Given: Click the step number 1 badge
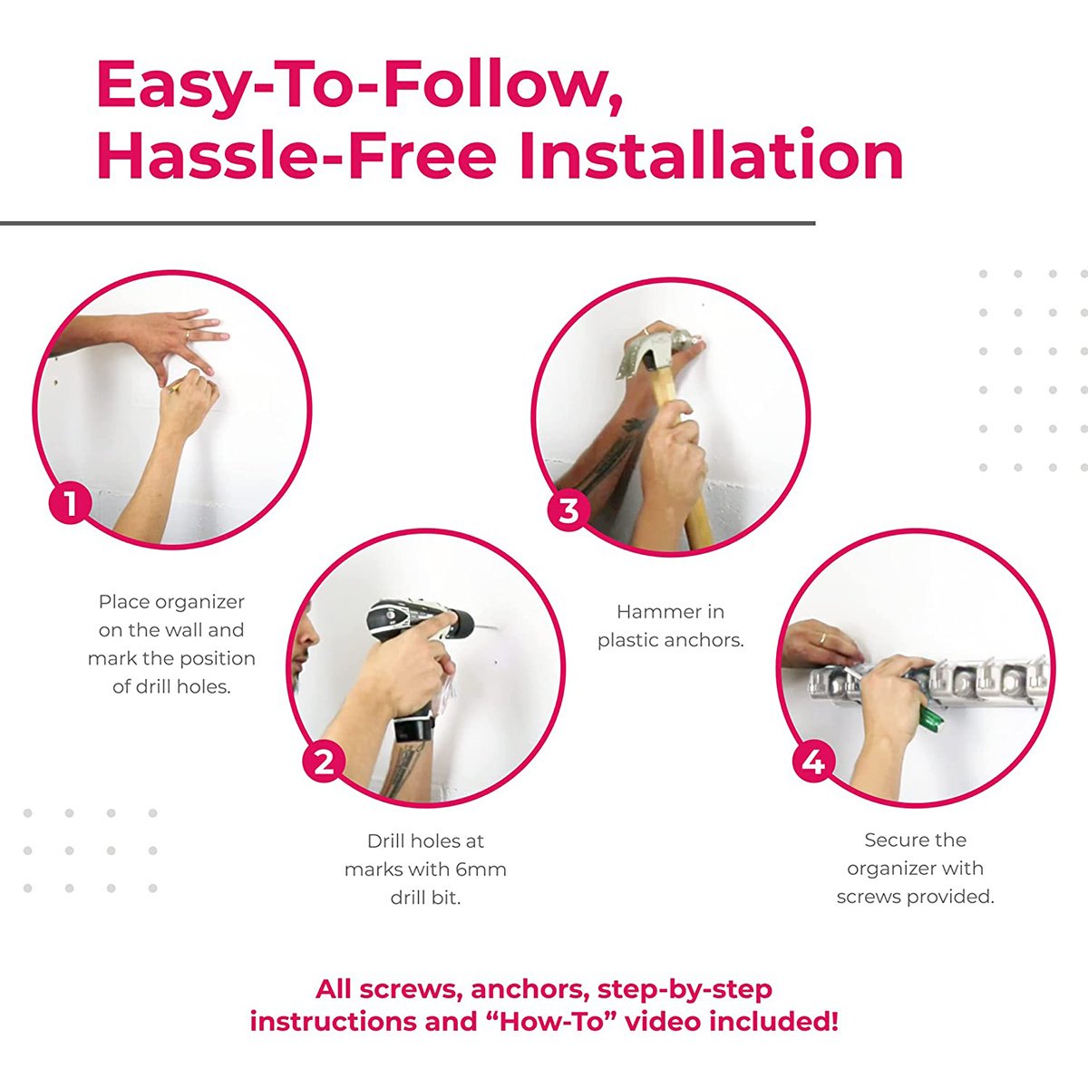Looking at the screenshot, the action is click(x=70, y=502).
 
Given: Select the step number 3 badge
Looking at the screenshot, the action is click(x=568, y=510).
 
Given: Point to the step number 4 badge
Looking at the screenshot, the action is click(x=813, y=763).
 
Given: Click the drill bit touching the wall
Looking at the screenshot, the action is click(x=486, y=626).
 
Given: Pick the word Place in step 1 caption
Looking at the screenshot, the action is click(x=124, y=602).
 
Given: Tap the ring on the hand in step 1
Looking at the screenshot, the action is click(x=188, y=335).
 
